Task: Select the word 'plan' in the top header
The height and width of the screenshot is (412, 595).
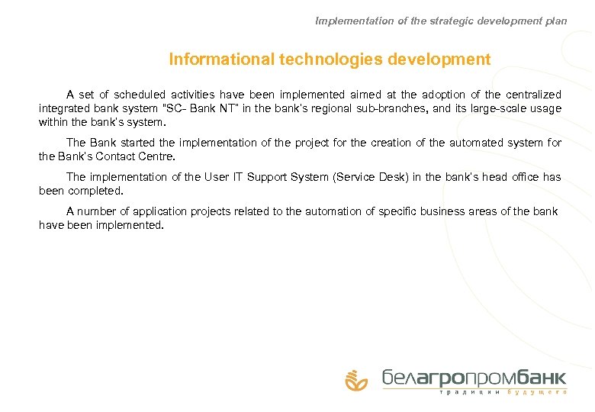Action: pos(555,21)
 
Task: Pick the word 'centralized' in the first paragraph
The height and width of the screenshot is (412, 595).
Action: pos(533,95)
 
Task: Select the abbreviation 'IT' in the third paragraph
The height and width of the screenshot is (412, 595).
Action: pos(237,177)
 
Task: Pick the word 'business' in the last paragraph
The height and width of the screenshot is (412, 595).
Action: pos(447,211)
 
